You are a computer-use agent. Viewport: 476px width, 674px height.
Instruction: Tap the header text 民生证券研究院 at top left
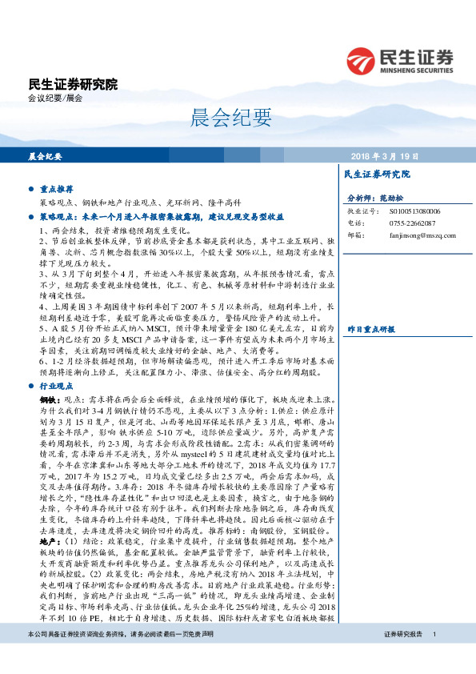coord(72,84)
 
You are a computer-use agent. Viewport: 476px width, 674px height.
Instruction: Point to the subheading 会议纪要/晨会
coord(55,98)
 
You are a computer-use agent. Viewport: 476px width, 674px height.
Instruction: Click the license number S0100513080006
coord(406,211)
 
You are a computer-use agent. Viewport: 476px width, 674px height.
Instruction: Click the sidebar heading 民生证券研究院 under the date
coord(376,174)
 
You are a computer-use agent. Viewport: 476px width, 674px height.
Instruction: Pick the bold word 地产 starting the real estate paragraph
coord(48,564)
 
